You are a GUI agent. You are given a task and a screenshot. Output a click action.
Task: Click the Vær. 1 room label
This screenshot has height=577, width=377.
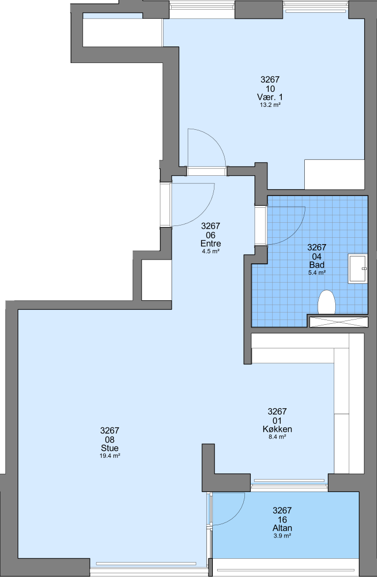pos(270,97)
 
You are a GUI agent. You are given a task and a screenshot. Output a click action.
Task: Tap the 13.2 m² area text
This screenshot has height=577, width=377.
pos(270,105)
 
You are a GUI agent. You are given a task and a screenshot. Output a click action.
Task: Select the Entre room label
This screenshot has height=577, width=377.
pos(211,244)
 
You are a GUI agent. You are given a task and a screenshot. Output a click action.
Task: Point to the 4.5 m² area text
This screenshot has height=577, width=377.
pos(211,252)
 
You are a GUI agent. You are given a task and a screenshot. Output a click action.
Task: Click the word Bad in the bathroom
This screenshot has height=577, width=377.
pos(317,265)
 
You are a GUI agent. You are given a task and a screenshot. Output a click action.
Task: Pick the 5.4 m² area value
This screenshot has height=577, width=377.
pos(317,272)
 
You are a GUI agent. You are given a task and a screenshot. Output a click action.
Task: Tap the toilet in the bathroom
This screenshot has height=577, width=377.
pos(327,302)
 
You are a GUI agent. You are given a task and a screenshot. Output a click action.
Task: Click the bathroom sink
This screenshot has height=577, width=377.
pos(358,269)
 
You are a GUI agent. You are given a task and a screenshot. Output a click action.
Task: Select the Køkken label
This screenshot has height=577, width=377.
pos(277,429)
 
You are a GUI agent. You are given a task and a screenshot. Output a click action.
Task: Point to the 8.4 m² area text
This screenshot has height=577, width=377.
pos(277,437)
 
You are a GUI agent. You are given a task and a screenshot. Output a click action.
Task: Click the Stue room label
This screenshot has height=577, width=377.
pos(110,448)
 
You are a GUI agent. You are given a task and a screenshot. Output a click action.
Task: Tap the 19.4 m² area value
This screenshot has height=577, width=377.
pos(110,456)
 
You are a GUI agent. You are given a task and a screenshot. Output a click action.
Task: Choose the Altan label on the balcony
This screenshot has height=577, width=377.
pos(282,528)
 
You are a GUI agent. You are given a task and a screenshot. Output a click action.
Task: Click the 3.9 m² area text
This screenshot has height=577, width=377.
pos(282,536)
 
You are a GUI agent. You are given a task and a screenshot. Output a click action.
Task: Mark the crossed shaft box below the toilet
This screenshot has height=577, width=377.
pos(338,322)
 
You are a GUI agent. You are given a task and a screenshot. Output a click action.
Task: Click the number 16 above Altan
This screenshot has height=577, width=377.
pos(282,520)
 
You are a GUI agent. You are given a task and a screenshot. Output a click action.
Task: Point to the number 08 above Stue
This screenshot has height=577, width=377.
pos(110,440)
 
